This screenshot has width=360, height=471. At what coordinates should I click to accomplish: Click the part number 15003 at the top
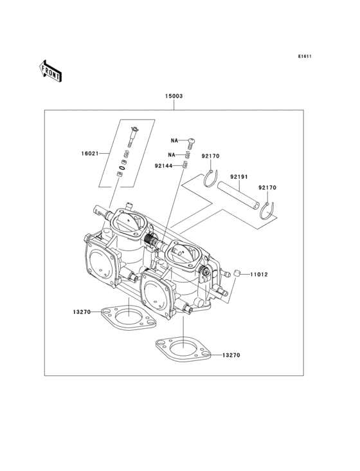(x=174, y=96)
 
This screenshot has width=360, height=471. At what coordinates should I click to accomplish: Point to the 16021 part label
(x=91, y=154)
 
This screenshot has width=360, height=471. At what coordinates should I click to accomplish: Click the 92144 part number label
(x=163, y=165)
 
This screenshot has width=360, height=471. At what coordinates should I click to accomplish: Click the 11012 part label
(x=259, y=275)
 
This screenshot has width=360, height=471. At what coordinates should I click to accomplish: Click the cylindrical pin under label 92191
(x=239, y=196)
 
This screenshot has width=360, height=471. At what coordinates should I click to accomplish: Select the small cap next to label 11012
(x=237, y=273)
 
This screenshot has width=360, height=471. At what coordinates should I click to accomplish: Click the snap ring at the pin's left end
(x=210, y=178)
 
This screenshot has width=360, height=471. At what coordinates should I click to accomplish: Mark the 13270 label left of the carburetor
(x=82, y=311)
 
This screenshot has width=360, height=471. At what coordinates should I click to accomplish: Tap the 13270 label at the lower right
(x=231, y=355)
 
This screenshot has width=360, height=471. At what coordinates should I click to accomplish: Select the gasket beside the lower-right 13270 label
(x=183, y=351)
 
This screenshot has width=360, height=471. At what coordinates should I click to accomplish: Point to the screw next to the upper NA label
(x=190, y=140)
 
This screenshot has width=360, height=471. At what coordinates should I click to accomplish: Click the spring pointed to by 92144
(x=184, y=165)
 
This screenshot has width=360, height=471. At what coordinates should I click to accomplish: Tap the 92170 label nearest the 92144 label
(x=210, y=156)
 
